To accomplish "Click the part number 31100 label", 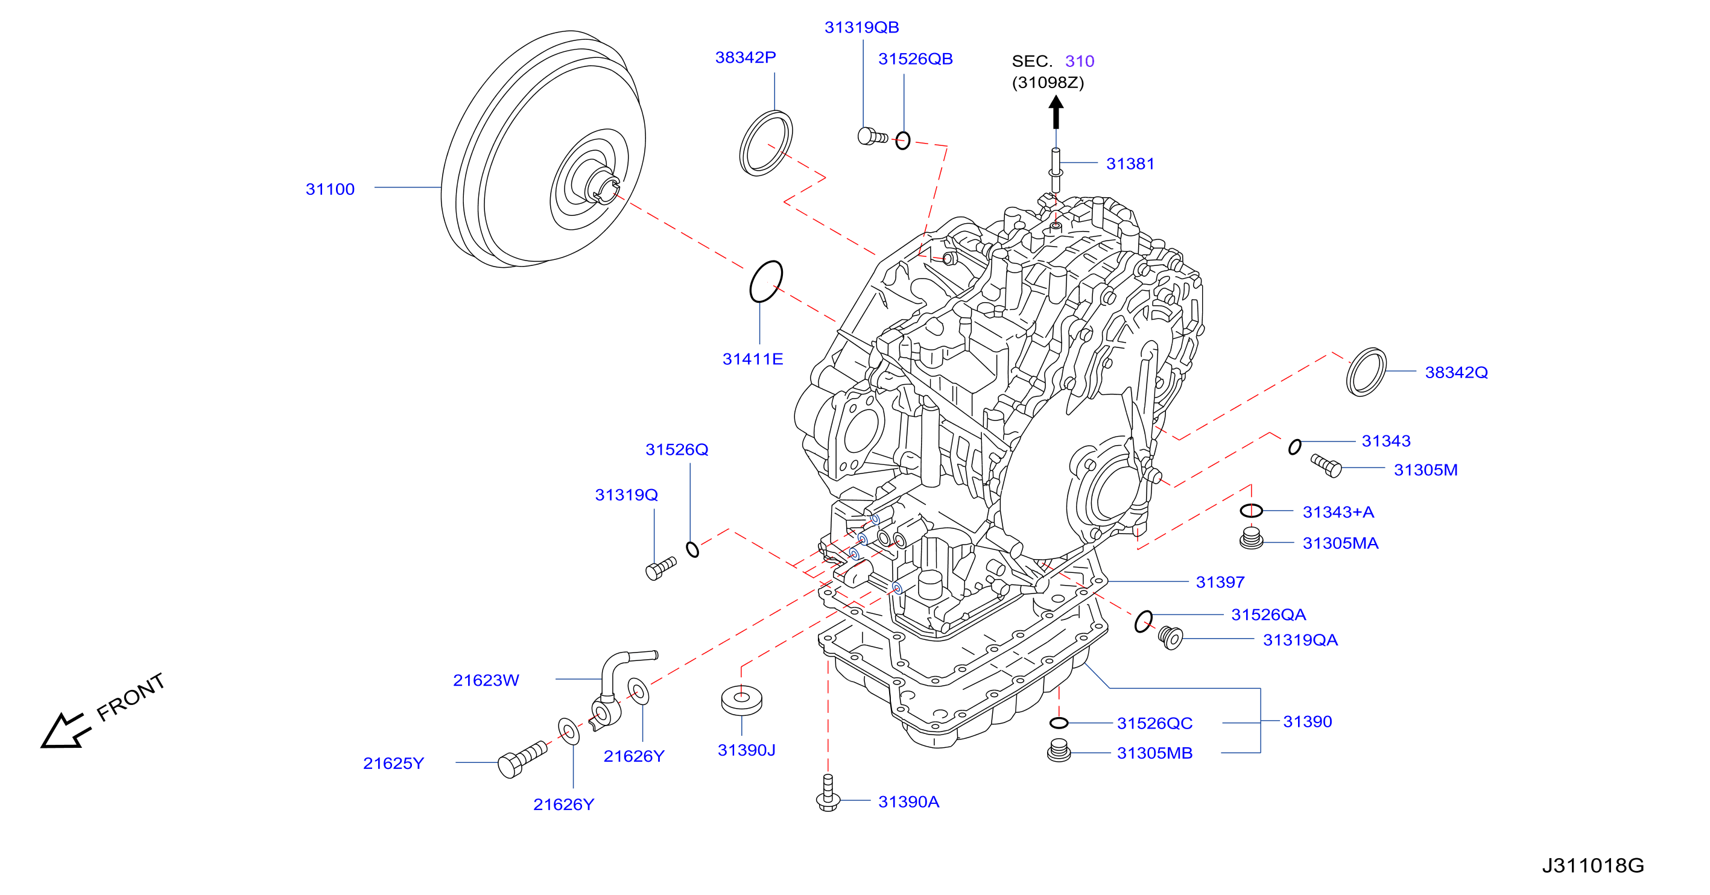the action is [x=330, y=189].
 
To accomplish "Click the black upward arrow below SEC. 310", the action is [x=1056, y=112].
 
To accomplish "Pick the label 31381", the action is [x=1130, y=164].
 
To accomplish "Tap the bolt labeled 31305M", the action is [x=1326, y=465].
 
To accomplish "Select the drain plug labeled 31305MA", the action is [x=1252, y=539].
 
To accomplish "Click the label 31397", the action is [x=1220, y=582].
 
